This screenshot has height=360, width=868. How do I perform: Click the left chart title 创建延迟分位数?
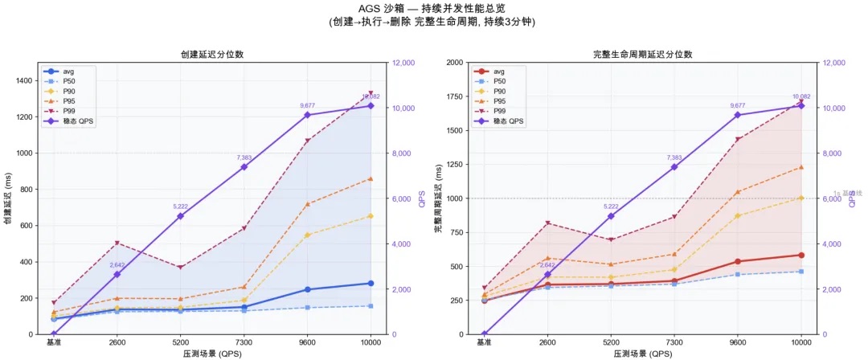[x=212, y=55]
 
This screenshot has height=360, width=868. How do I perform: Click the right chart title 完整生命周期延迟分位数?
[x=642, y=55]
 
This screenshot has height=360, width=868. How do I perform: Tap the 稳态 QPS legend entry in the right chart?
[x=506, y=121]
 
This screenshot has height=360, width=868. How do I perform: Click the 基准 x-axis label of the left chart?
[x=55, y=342]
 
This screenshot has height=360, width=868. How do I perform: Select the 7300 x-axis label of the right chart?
[x=674, y=342]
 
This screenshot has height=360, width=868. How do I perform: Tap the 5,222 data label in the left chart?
[x=180, y=207]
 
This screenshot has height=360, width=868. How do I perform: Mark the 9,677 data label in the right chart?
[x=738, y=105]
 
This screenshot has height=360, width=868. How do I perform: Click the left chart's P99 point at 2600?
[x=117, y=243]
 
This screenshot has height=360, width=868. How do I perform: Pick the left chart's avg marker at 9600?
[x=307, y=289]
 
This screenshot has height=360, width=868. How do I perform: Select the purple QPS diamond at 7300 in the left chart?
[x=244, y=167]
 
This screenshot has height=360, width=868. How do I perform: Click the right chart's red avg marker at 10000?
[x=800, y=255]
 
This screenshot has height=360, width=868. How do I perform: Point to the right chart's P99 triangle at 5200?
[x=611, y=239]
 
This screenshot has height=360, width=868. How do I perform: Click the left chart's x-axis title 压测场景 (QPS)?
[x=212, y=354]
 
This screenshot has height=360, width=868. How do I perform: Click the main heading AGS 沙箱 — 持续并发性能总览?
[x=434, y=9]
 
